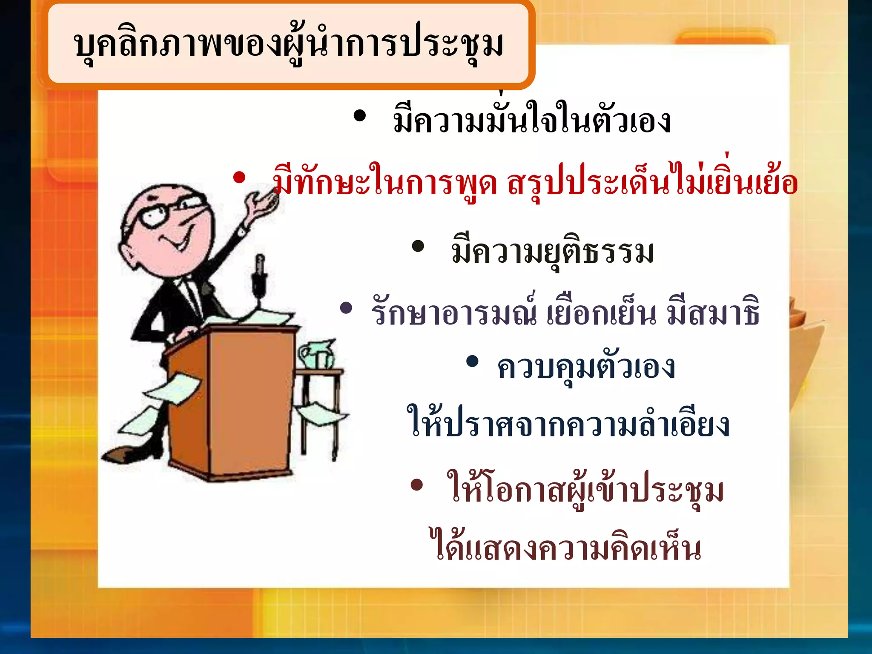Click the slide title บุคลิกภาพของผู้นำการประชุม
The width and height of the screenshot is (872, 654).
tap(288, 44)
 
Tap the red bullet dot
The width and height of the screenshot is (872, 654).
tap(239, 178)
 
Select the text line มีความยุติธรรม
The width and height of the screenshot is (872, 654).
tap(553, 252)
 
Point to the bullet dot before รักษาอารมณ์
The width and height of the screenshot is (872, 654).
tap(346, 308)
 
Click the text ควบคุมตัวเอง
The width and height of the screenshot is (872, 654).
tap(586, 367)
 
